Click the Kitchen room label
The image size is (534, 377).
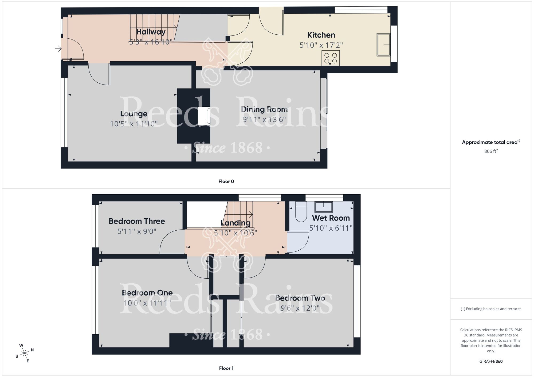pos(321,35)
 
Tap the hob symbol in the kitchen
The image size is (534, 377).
pos(331,58)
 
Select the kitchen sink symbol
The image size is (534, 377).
pos(383,45)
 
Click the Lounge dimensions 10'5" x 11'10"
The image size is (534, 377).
pos(134,124)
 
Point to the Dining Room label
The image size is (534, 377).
pos(264,109)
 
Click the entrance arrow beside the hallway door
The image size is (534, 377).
pos(58,49)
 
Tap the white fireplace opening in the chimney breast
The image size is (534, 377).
pos(203,116)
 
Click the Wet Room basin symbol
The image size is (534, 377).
pos(324,207)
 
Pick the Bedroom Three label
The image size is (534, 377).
pos(137,221)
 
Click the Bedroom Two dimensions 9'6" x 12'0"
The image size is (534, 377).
pos(300,308)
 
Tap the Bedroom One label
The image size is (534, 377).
pos(147,293)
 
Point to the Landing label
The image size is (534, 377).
pos(235,223)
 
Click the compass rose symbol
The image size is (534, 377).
pos(25,354)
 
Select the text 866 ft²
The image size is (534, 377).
pos(491,151)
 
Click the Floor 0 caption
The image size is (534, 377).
pos(226,182)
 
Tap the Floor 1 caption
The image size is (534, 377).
pos(226,368)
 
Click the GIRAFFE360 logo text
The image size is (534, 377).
pos(491,362)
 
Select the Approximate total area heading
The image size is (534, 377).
pos(491,142)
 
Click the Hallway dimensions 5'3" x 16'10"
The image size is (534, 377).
pos(149,42)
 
